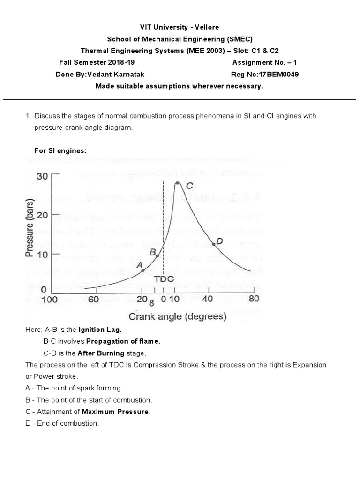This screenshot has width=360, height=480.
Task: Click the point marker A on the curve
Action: tap(143, 270)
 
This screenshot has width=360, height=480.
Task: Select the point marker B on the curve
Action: tap(157, 256)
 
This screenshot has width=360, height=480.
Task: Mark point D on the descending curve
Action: tap(214, 243)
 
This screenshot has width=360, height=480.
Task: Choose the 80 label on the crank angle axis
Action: tap(254, 299)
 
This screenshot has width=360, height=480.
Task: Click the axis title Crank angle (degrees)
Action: tap(177, 316)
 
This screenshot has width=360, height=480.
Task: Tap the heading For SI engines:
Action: tap(60, 150)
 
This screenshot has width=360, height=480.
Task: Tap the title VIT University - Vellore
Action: tap(180, 27)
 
